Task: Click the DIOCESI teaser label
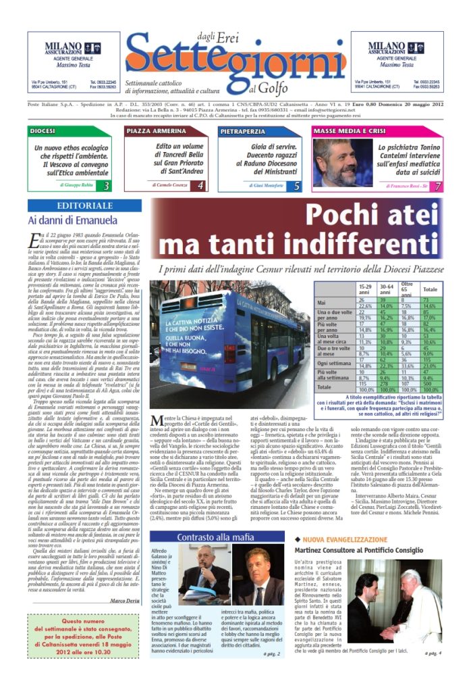pyautogui.click(x=43, y=130)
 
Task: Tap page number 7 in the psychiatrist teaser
pyautogui.click(x=437, y=185)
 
